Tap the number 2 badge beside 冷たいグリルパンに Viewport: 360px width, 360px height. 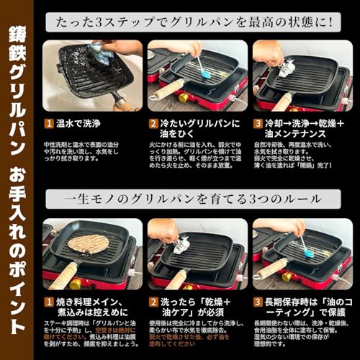[x=153, y=123]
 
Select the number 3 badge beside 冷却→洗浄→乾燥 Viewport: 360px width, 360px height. [x=258, y=123]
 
